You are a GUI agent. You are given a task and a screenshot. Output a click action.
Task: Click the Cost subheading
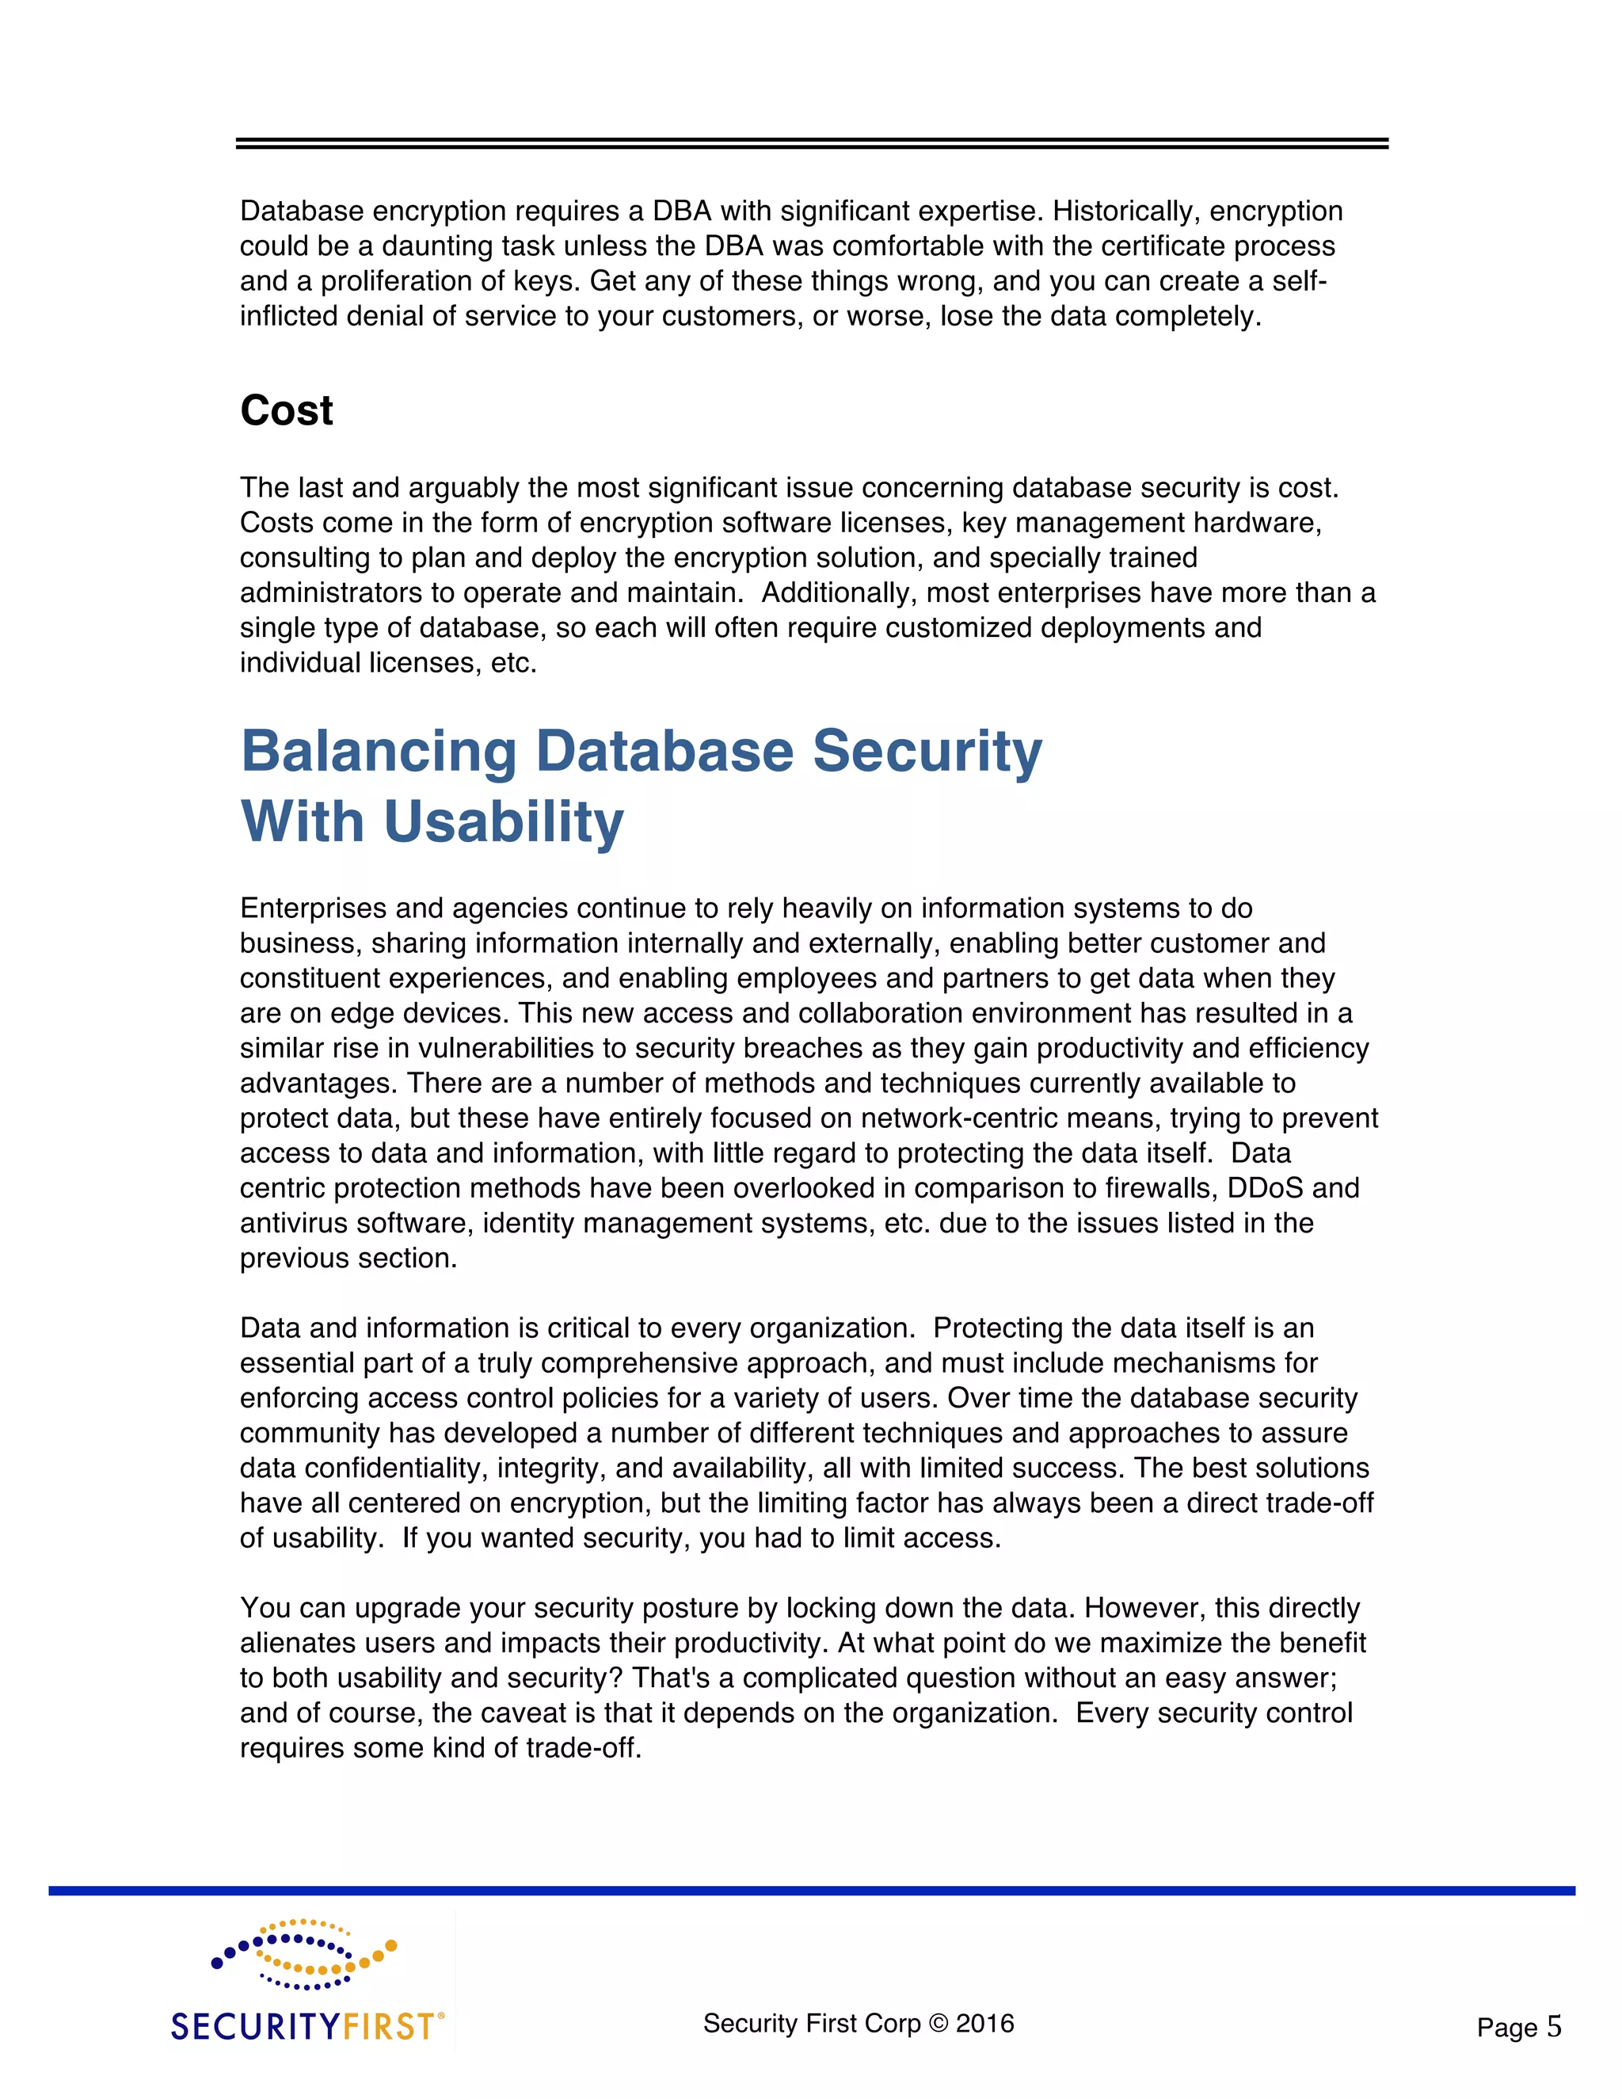point(287,411)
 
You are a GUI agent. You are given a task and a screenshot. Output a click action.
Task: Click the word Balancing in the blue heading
point(378,751)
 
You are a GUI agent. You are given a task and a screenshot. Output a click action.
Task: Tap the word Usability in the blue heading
point(504,823)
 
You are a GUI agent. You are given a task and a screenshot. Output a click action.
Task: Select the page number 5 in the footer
point(1554,2027)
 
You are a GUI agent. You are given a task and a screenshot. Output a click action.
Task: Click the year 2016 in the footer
point(985,2023)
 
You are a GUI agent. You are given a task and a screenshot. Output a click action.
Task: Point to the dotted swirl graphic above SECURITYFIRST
point(303,1954)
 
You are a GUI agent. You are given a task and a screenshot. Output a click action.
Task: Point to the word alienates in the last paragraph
point(297,1644)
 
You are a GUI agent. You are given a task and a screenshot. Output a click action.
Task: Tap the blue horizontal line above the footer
point(811,1891)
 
